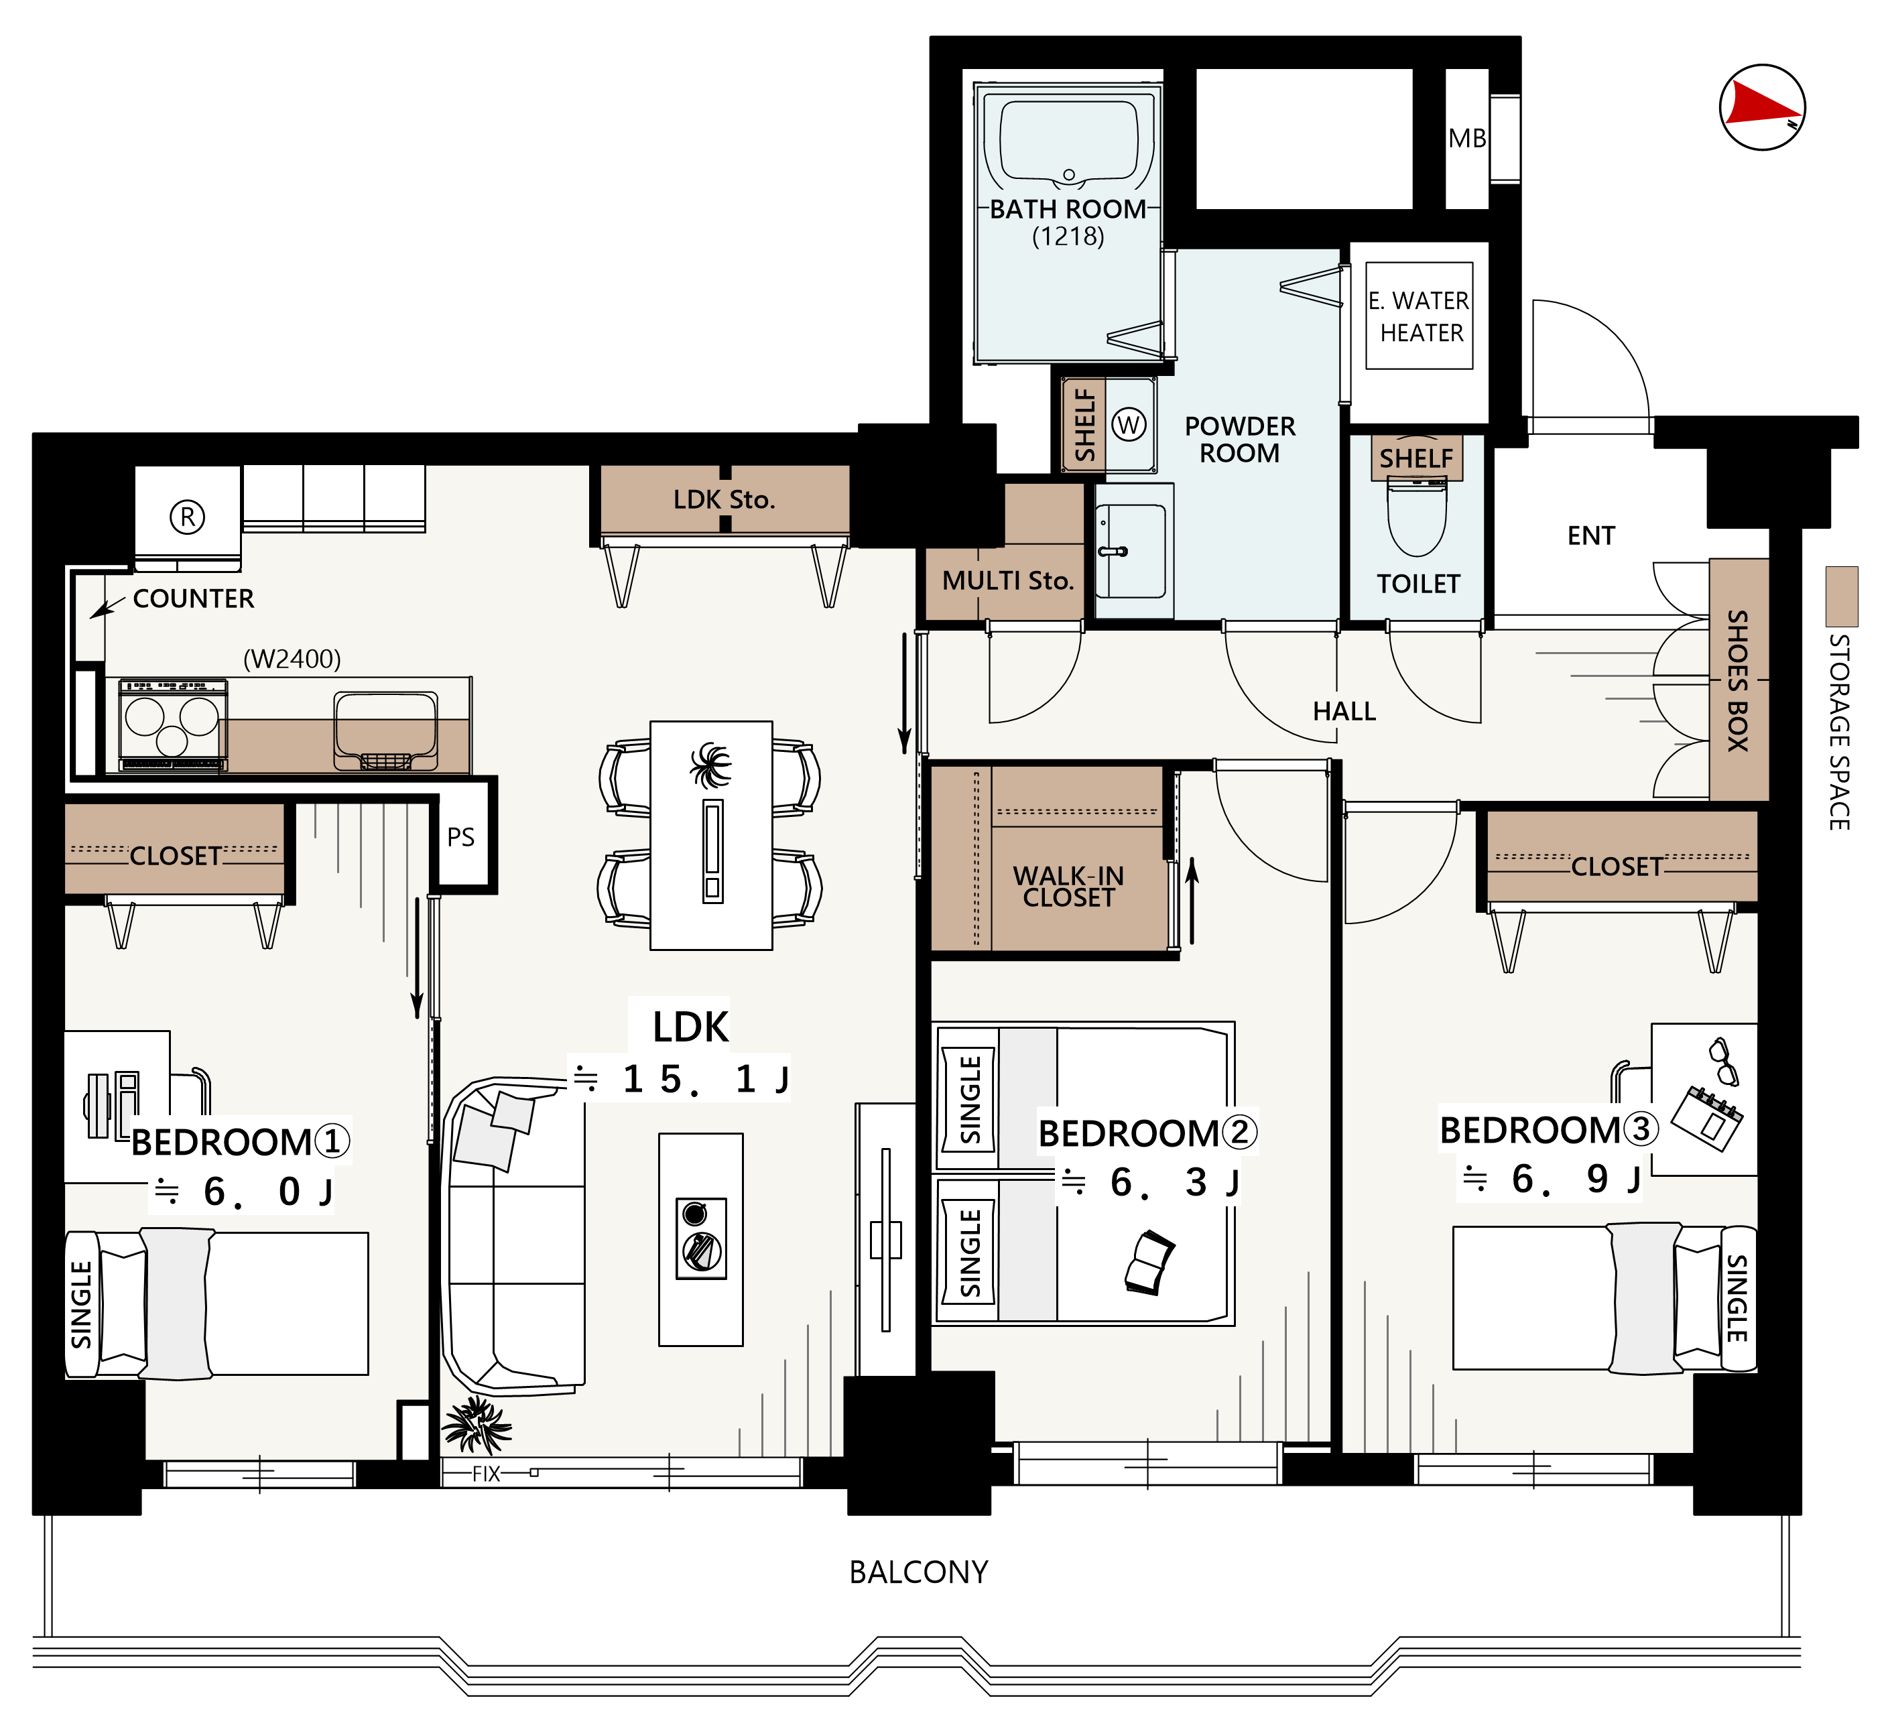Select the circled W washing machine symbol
click(1128, 425)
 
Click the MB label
click(1467, 139)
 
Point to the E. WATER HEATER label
click(1420, 317)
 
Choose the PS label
click(460, 837)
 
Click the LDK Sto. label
click(724, 499)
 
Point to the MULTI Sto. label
click(1007, 581)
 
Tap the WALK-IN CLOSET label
click(1069, 887)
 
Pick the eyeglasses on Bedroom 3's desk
click(1723, 1062)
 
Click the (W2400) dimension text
click(292, 659)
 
